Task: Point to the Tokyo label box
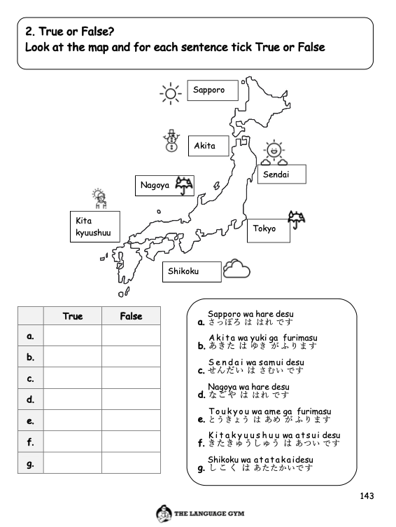(x=268, y=229)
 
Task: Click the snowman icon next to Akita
(x=170, y=141)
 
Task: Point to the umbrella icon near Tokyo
(x=297, y=219)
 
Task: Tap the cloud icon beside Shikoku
(x=236, y=269)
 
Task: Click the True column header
(x=73, y=316)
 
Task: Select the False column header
(x=131, y=316)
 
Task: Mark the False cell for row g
(x=131, y=463)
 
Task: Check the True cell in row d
(x=73, y=399)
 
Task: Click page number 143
(x=367, y=496)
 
